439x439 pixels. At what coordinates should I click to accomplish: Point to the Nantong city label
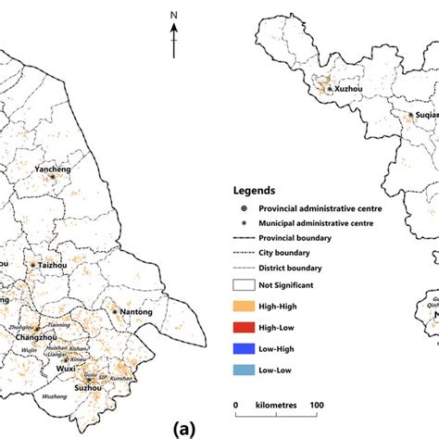pyautogui.click(x=134, y=312)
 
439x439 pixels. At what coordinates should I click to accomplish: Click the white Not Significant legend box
pyautogui.click(x=245, y=285)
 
